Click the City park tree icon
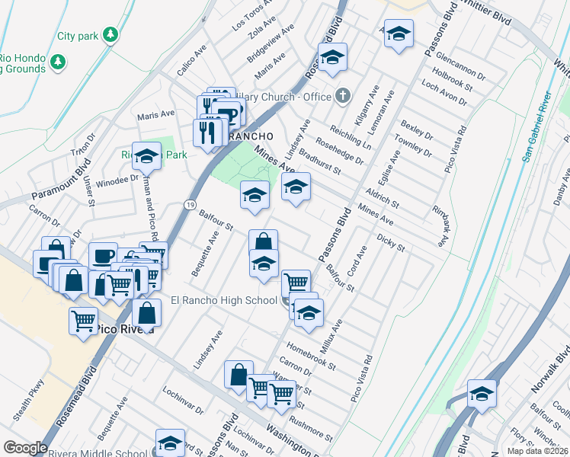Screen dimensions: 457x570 click(111, 35)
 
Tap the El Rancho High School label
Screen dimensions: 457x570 click(224, 300)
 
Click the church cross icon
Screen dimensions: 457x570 click(343, 96)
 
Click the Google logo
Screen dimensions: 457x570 click(25, 448)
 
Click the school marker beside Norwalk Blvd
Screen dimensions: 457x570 click(482, 395)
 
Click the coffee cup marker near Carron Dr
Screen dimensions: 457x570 click(103, 257)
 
